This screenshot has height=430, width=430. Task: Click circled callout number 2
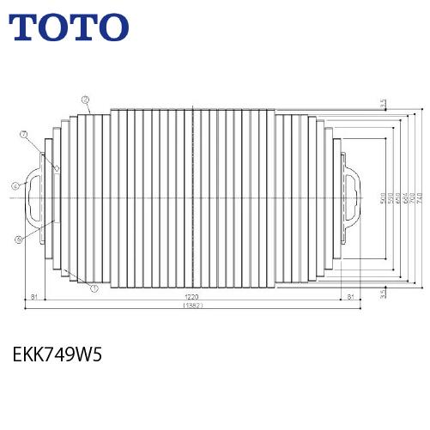click(x=87, y=100)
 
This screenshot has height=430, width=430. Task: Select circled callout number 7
click(x=24, y=134)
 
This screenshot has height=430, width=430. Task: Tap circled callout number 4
click(x=15, y=185)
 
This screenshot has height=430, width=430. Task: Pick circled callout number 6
click(x=18, y=239)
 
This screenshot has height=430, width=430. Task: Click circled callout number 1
click(x=93, y=288)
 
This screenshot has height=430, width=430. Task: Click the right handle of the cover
click(x=352, y=199)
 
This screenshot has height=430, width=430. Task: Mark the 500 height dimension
click(x=381, y=199)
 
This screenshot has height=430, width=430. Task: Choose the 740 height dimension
click(x=421, y=199)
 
